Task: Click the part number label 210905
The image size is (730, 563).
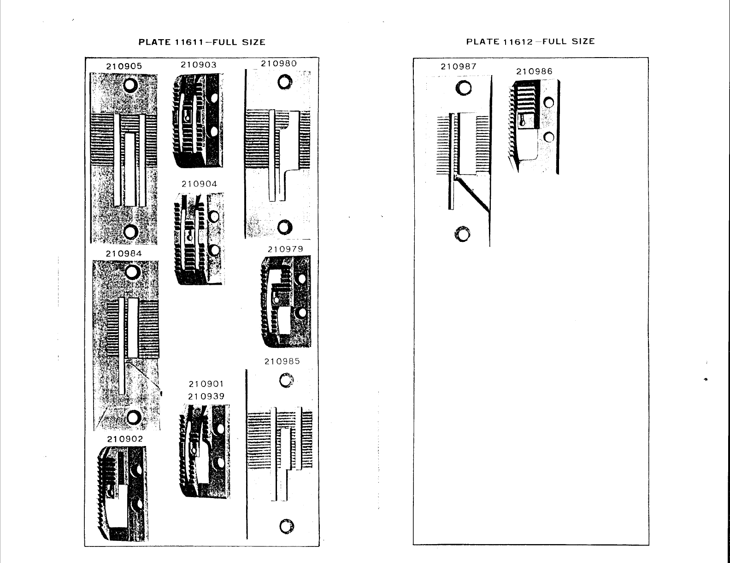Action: [124, 66]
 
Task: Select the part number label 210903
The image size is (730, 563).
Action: [199, 65]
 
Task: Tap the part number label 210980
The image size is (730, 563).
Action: [279, 64]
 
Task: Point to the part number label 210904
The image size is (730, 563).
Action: [199, 184]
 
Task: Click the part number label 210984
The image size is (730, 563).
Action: [124, 254]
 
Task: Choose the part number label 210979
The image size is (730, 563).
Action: [286, 249]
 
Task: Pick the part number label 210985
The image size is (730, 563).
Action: [282, 362]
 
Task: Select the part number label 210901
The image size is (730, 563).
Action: [206, 384]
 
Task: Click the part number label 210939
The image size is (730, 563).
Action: [206, 396]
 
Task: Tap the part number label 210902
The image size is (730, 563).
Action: [125, 440]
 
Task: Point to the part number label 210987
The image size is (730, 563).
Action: [459, 66]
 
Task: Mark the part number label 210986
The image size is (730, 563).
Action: [534, 71]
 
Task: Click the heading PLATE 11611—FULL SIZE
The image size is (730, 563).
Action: [202, 42]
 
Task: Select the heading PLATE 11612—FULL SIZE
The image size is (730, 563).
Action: [530, 41]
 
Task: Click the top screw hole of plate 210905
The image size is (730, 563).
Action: [130, 84]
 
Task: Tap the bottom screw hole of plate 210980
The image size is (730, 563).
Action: [285, 227]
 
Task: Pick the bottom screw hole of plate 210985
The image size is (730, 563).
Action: [286, 526]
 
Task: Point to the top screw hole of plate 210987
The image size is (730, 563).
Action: [463, 88]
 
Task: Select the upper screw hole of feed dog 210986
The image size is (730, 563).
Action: [548, 103]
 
